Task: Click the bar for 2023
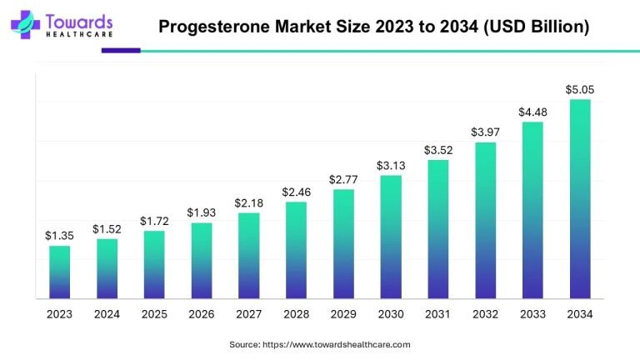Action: point(59,272)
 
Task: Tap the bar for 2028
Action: point(296,249)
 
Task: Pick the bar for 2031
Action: point(437,228)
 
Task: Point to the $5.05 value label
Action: point(580,89)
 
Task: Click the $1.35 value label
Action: point(59,236)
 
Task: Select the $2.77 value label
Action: point(343,179)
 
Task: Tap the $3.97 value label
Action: point(485,132)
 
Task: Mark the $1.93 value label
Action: point(201,212)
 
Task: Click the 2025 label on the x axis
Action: point(154,314)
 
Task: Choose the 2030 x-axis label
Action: point(391,314)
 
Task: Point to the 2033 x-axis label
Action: point(532,314)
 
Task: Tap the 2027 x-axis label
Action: point(248,314)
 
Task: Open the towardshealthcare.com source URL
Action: point(337,344)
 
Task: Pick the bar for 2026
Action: point(201,260)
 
